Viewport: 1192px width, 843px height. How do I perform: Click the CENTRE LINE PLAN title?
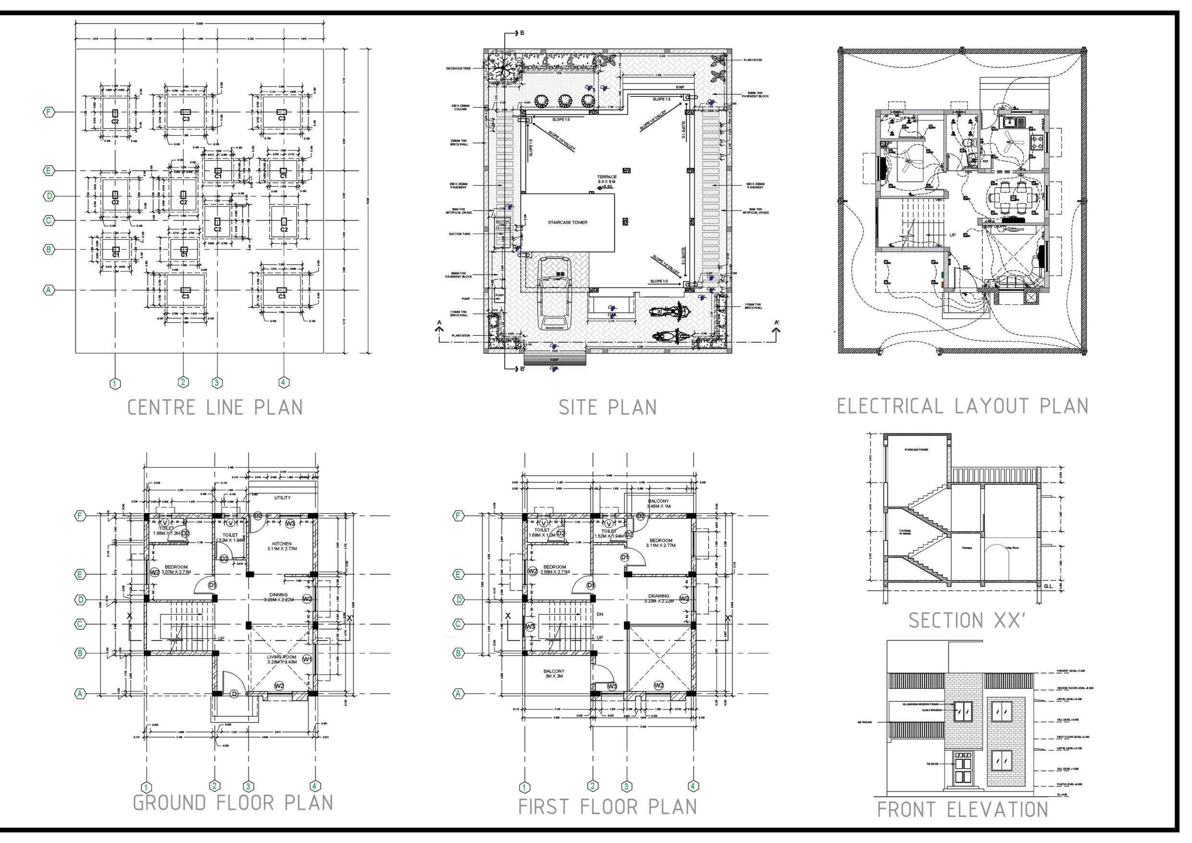(x=215, y=407)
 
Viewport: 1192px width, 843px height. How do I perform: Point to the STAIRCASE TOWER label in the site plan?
(x=568, y=222)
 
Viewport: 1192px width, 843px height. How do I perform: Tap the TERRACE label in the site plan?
(x=607, y=177)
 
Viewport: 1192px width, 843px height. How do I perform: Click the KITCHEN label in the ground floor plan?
(x=282, y=544)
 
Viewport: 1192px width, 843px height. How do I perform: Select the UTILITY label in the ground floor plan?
(x=283, y=498)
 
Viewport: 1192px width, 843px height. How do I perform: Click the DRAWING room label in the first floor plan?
(x=658, y=596)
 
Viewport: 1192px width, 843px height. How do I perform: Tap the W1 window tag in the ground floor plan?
(x=307, y=659)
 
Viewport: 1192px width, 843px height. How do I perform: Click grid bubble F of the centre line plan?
(x=48, y=112)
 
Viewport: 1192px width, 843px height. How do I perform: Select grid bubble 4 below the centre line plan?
(x=283, y=383)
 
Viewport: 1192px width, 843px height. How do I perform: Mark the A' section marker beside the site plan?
(x=777, y=323)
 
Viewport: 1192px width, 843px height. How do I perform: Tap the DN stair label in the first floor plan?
(x=600, y=614)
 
